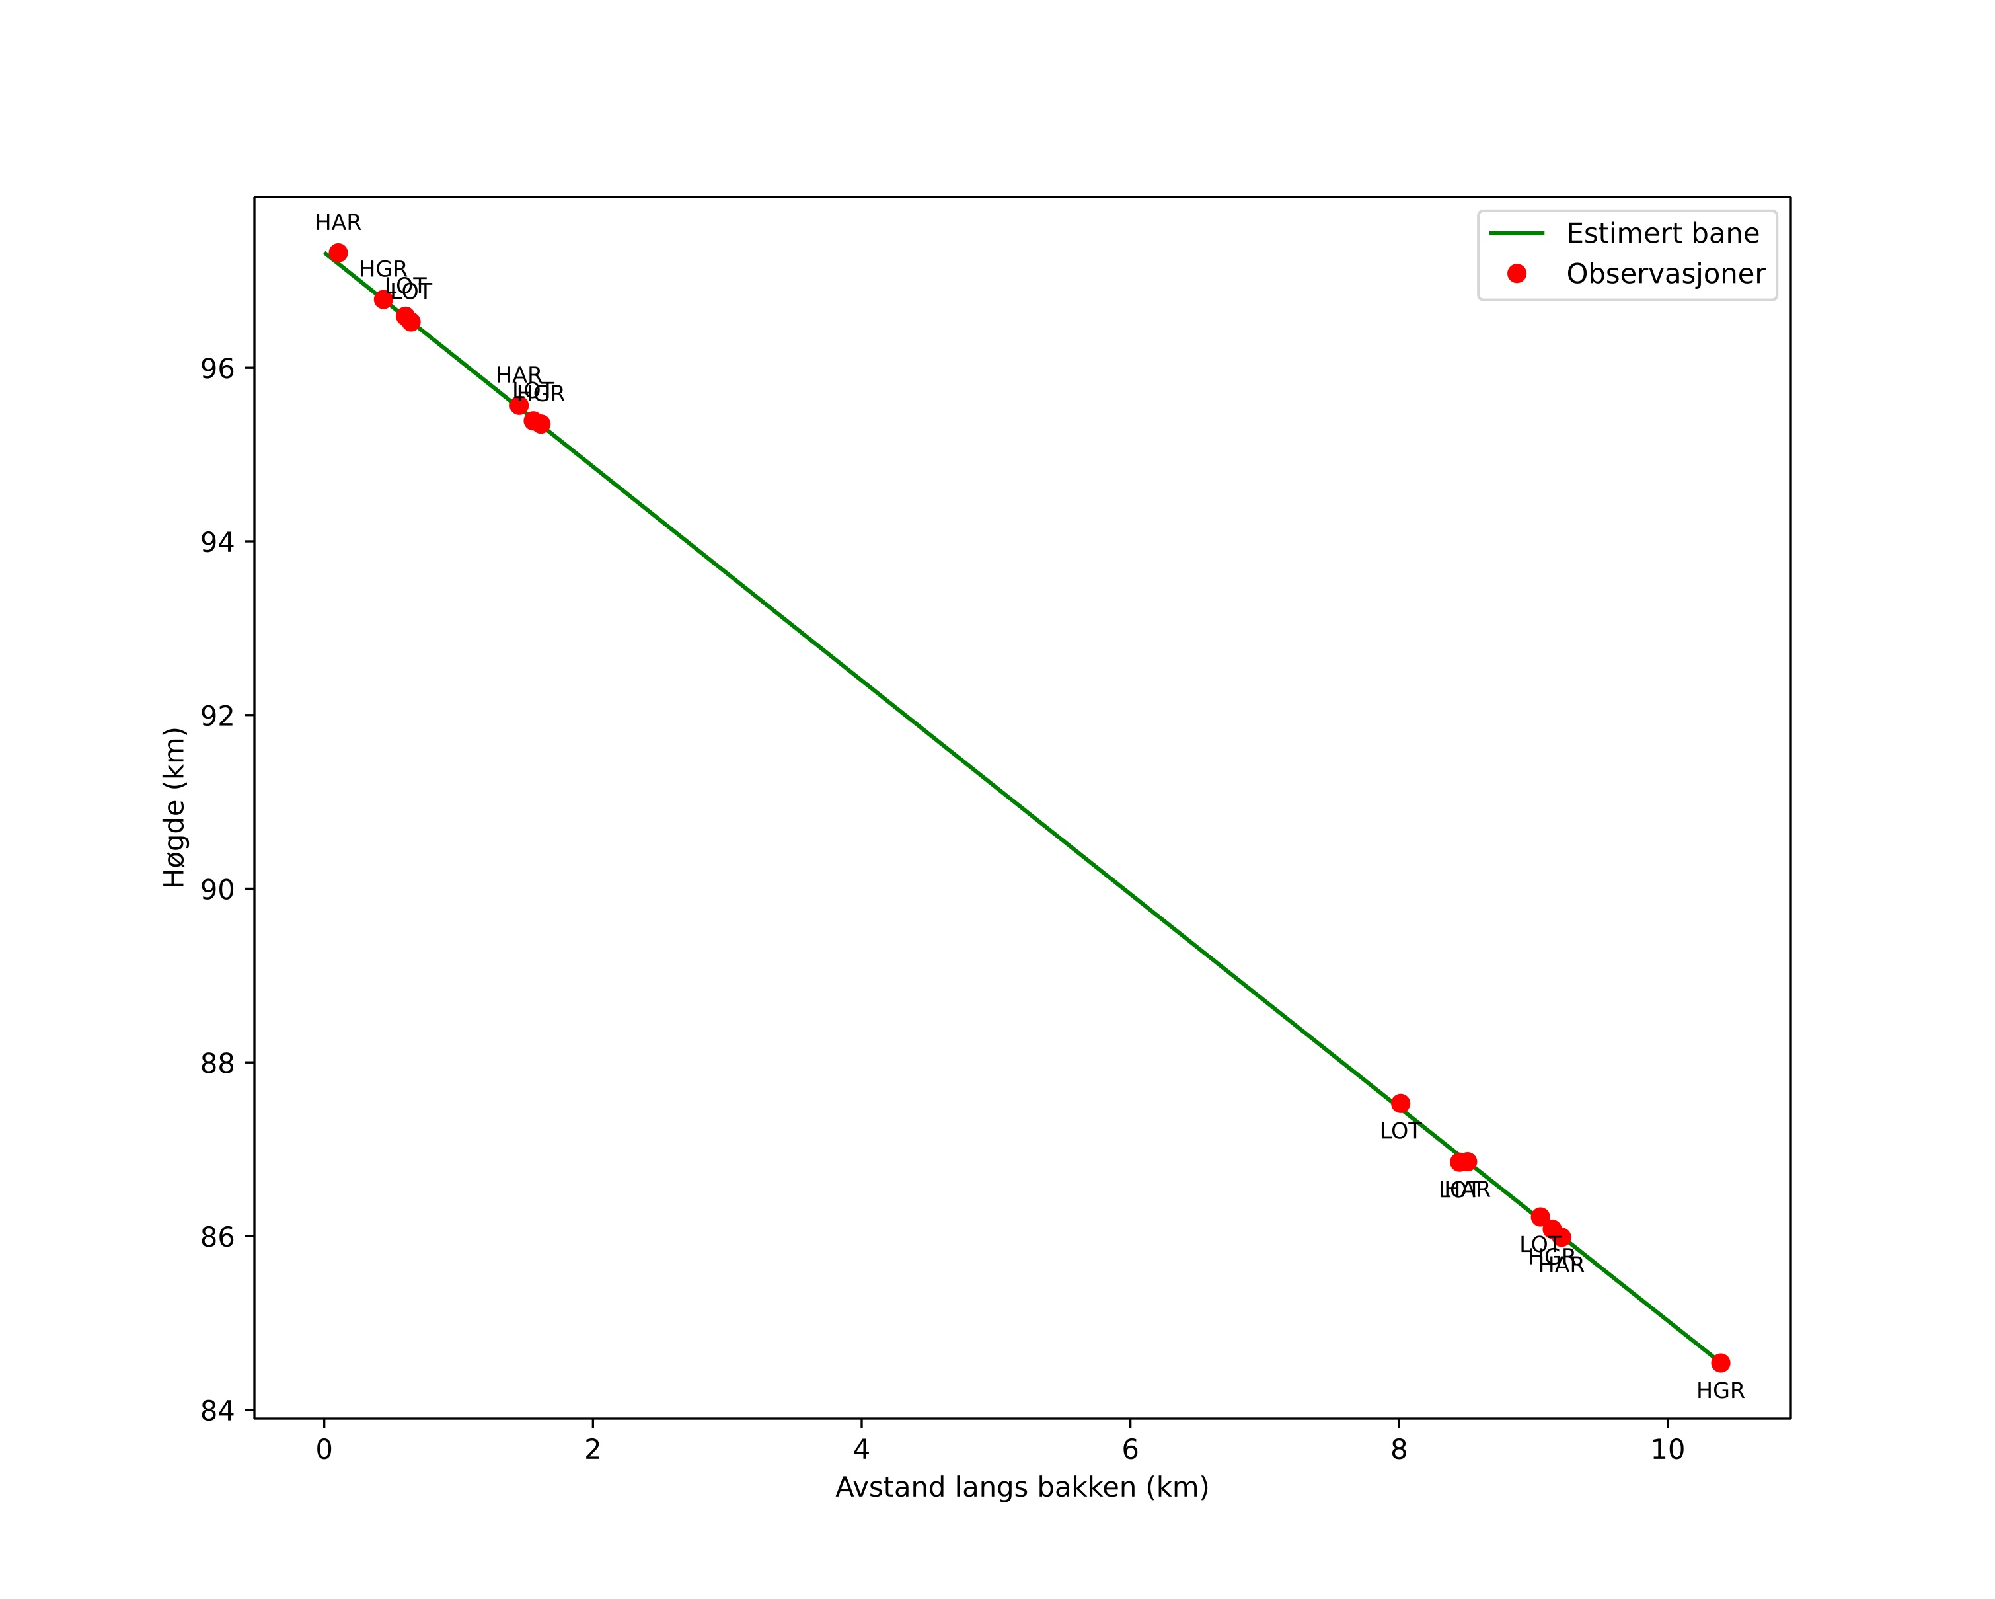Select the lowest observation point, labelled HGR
(1720, 1363)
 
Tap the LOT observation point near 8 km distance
(1400, 1103)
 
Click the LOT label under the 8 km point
(1400, 1132)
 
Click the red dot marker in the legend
(1517, 274)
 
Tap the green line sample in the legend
(1517, 233)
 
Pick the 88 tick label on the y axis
(217, 1063)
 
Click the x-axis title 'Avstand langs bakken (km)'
(1022, 1488)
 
